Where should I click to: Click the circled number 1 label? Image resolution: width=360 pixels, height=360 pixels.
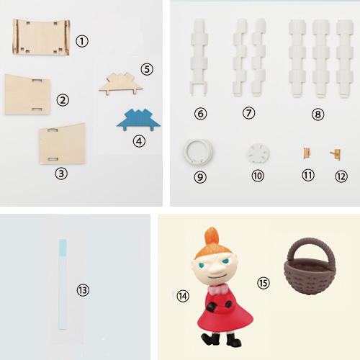click(82, 41)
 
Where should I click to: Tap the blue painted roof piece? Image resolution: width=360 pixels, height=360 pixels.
click(138, 120)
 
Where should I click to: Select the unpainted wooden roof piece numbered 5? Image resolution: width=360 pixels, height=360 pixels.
click(121, 84)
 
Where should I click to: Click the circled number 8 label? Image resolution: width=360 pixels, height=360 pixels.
click(318, 114)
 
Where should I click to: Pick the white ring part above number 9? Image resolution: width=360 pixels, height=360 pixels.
click(197, 152)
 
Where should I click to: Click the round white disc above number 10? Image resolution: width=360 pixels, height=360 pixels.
click(258, 153)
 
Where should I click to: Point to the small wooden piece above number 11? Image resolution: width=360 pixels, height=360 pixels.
click(307, 153)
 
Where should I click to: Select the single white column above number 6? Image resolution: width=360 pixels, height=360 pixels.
click(199, 58)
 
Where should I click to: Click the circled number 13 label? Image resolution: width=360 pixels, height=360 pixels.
click(83, 290)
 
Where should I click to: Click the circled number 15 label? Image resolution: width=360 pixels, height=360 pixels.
click(264, 283)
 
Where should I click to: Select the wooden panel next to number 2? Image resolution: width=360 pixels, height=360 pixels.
click(27, 94)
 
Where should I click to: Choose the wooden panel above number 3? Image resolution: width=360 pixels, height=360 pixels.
click(62, 143)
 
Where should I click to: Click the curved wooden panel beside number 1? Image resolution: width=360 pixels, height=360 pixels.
click(41, 37)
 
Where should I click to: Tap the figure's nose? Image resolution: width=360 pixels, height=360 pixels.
click(217, 269)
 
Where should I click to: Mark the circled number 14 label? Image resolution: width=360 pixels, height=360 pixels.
click(183, 296)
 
